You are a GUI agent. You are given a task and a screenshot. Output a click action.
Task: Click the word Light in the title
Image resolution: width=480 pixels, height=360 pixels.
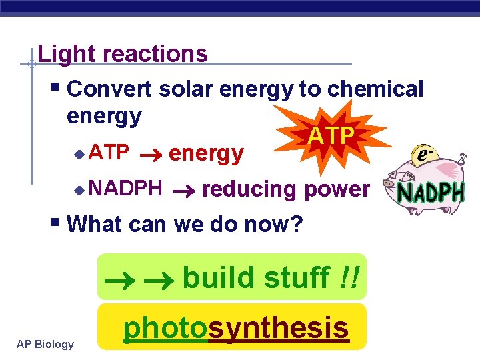click(59, 53)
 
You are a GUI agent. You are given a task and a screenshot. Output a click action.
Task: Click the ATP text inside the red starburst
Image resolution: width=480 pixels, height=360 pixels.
click(331, 136)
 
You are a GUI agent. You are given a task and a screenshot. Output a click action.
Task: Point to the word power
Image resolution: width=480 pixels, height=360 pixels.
click(336, 189)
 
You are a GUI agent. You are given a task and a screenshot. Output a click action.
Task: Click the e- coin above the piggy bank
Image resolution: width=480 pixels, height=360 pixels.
click(421, 155)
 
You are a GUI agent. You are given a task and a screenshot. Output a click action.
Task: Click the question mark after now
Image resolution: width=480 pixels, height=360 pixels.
click(295, 224)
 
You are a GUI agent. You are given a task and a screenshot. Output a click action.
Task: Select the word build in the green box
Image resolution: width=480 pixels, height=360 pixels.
click(219, 277)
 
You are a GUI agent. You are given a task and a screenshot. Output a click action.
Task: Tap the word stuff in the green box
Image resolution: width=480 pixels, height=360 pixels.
click(297, 277)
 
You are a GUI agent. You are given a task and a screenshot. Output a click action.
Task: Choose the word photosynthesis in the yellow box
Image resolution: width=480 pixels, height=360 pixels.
click(236, 327)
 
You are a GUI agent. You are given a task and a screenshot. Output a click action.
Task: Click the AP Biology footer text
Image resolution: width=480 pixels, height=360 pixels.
click(45, 344)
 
